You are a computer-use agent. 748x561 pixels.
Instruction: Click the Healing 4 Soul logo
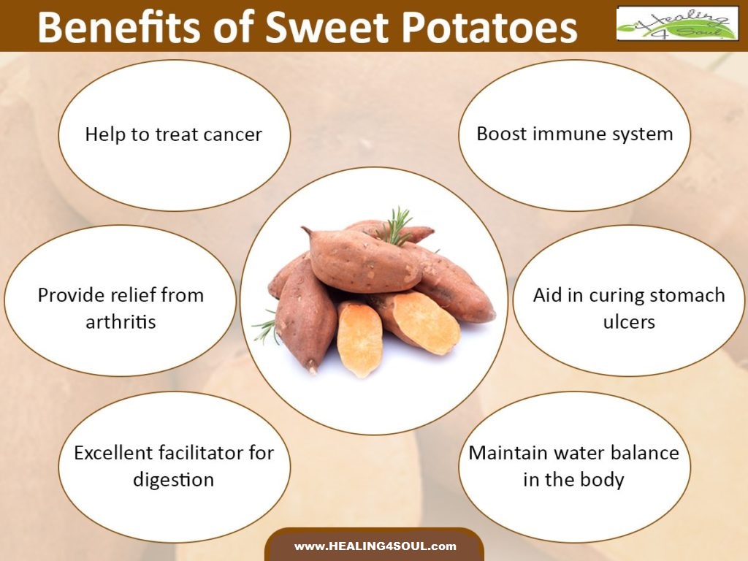point(677,23)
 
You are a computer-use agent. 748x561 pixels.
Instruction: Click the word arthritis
point(121,322)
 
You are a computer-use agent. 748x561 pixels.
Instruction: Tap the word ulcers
point(629,322)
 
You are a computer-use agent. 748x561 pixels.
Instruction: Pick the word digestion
point(173,480)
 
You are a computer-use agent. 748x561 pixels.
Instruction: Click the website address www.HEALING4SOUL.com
point(375,546)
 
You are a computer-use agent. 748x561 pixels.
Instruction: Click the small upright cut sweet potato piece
point(359,338)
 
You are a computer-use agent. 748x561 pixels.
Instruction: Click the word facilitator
point(199,452)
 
